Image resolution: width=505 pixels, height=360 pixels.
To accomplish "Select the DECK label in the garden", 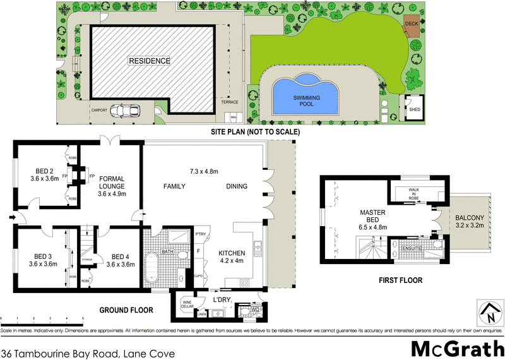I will click(412, 24).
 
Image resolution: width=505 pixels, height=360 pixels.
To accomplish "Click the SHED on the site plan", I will click(415, 109).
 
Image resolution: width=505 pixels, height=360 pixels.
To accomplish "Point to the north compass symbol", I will click(487, 313).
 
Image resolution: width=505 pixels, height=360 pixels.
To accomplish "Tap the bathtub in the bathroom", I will click(152, 268).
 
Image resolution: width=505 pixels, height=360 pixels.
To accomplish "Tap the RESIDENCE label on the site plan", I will click(150, 61).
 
